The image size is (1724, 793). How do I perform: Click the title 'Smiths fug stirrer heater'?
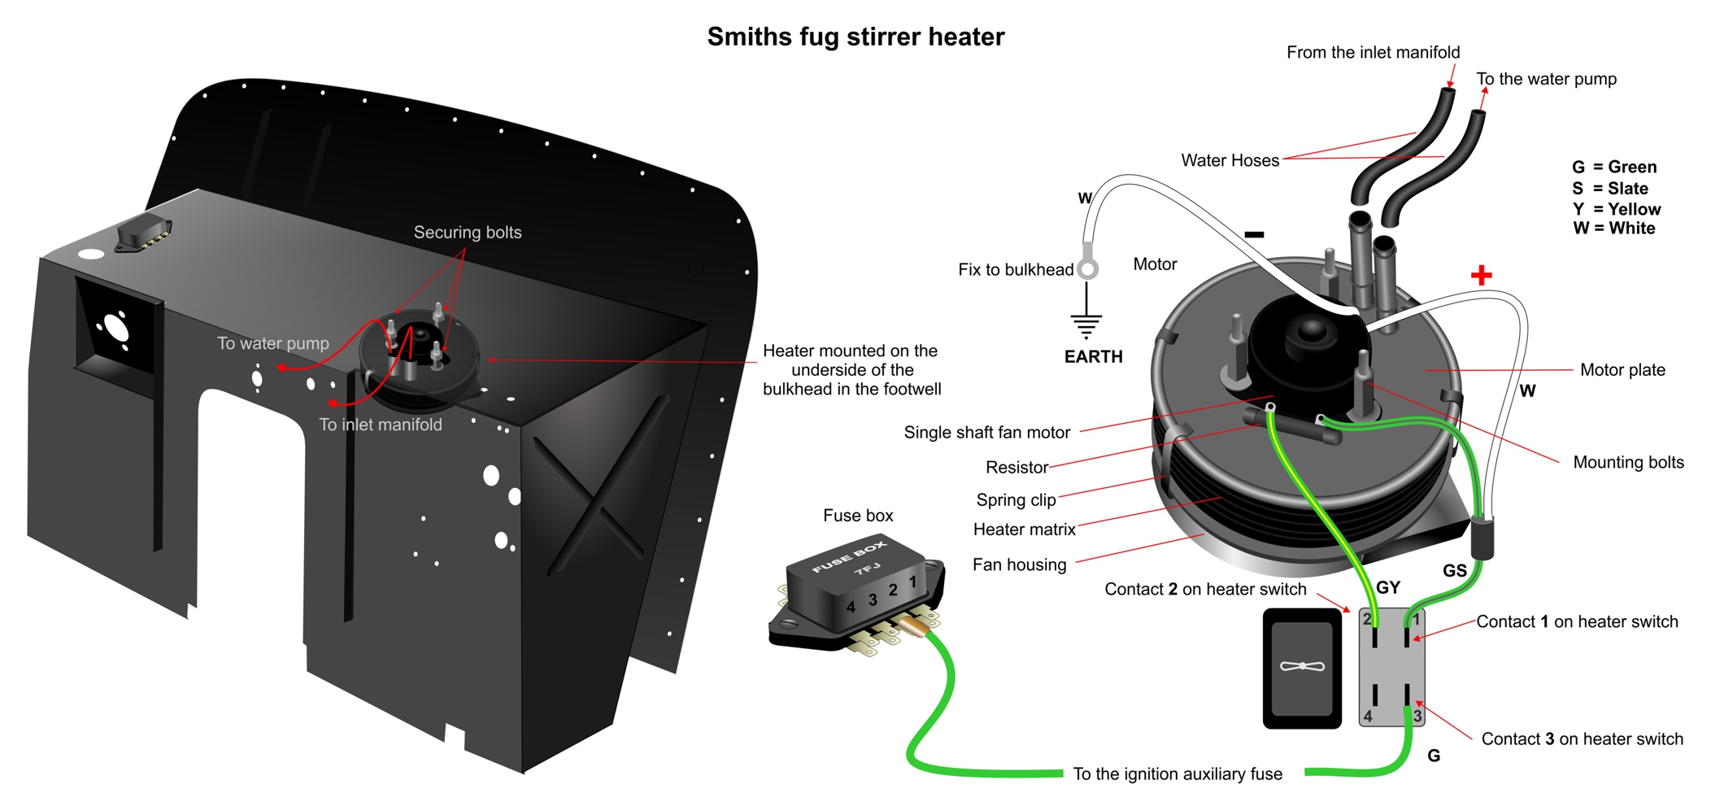pos(855,37)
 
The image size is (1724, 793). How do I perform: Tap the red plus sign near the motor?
pos(1482,275)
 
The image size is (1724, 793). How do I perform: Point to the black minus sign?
pos(1254,234)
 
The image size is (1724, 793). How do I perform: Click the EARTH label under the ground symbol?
pos(1093,356)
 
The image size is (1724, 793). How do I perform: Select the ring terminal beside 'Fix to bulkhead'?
pos(1088,268)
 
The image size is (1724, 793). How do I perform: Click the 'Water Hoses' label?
pos(1230,160)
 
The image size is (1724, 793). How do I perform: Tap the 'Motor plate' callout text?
pos(1622,370)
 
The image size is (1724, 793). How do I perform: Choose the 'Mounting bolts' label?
pos(1628,463)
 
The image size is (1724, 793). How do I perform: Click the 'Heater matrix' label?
pos(1024,529)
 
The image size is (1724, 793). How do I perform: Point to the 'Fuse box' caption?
pos(858,516)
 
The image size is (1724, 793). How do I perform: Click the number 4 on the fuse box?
pos(851,607)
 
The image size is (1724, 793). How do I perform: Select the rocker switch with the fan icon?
pos(1302,669)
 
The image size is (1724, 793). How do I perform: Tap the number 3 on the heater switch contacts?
pos(1417,717)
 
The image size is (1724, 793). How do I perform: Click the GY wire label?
pos(1388,587)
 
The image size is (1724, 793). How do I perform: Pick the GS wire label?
pos(1455,571)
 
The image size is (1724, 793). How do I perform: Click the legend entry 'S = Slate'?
pos(1609,189)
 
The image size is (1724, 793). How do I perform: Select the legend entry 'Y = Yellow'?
pos(1616,209)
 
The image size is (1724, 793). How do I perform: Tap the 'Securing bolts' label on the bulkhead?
pos(468,233)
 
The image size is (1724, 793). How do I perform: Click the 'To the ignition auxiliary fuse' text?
pos(1178,774)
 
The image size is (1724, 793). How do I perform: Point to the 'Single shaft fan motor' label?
pos(987,433)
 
